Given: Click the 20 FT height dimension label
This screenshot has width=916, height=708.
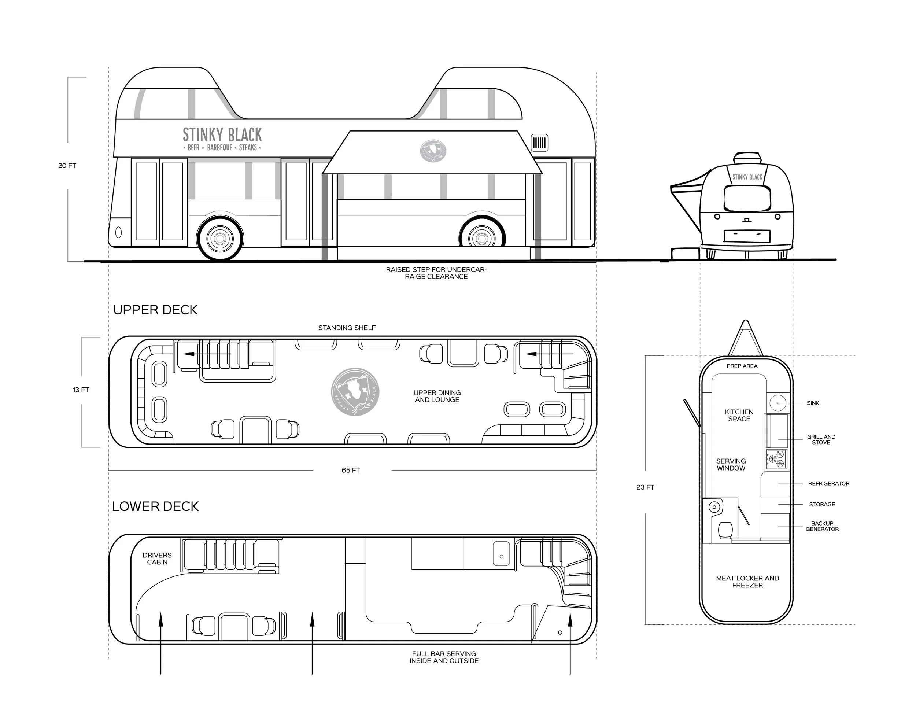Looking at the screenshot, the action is tap(67, 166).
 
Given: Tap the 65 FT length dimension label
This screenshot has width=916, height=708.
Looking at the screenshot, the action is tap(351, 470).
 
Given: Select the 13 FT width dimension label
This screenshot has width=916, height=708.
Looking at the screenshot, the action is tap(81, 390).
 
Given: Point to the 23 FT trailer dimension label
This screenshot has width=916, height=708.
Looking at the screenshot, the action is tap(645, 487).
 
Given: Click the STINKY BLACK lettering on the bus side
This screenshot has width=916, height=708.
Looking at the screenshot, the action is tap(222, 135).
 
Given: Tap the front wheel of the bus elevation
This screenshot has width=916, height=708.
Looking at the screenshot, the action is tap(220, 238).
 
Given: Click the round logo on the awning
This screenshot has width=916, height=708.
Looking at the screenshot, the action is tap(433, 151).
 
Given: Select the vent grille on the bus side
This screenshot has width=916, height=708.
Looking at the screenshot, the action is tap(539, 143).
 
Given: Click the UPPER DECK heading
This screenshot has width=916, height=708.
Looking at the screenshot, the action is tap(155, 310).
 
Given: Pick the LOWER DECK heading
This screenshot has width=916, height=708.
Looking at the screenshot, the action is tap(155, 506).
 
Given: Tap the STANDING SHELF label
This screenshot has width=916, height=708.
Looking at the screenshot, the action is tap(347, 328).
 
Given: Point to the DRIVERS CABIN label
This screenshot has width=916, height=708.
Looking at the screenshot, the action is tap(157, 558).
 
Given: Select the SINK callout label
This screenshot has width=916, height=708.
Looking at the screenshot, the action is tap(812, 403).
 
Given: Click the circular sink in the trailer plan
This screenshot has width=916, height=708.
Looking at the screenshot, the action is tap(778, 403).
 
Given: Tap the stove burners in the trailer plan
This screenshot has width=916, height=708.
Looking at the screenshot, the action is tap(777, 459).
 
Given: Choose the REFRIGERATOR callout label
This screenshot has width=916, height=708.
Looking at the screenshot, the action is tap(828, 483).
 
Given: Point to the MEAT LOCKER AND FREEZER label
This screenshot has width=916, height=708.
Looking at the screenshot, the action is tap(747, 581).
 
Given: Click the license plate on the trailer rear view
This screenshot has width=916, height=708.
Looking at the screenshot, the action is tap(747, 236).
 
